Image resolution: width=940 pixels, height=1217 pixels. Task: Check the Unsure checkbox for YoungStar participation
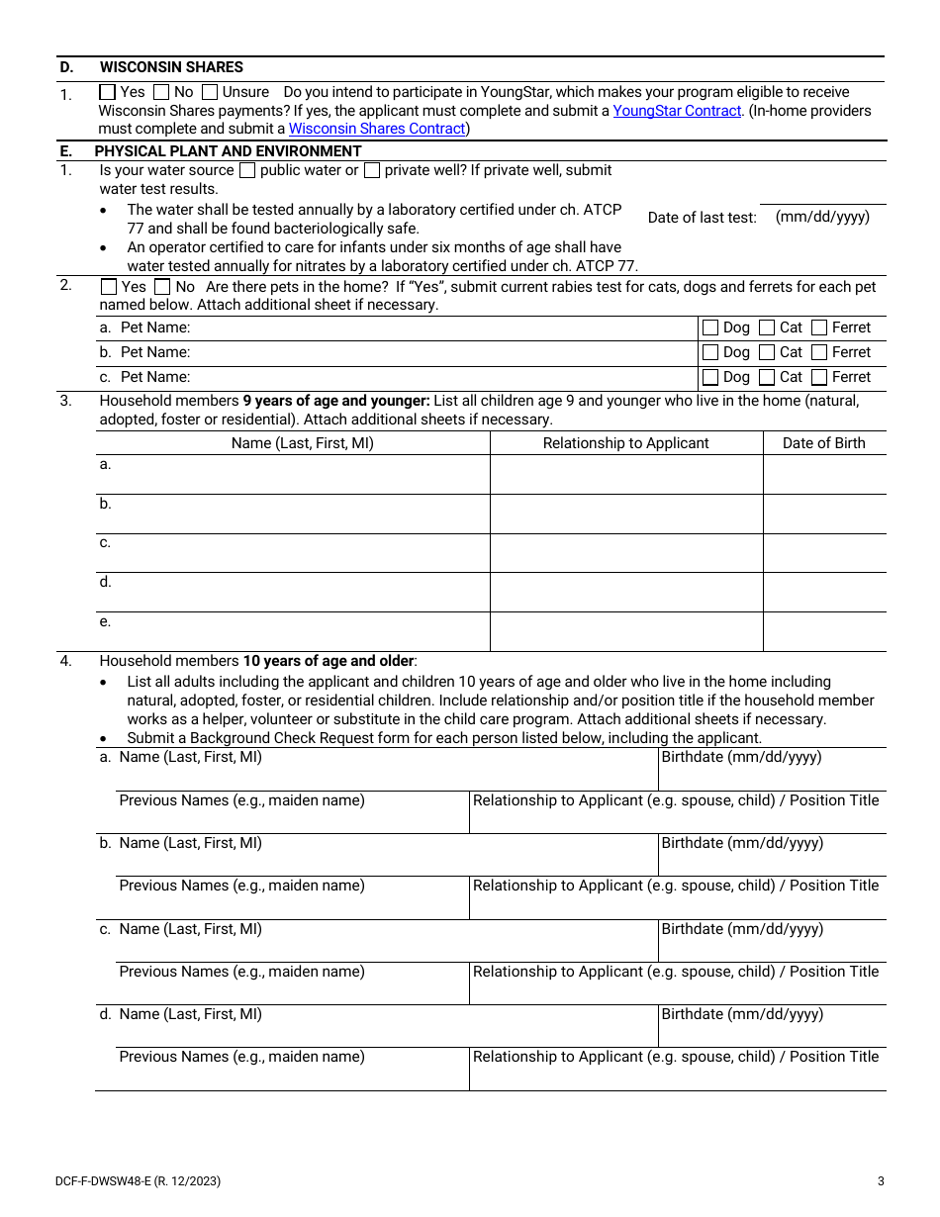click(x=210, y=92)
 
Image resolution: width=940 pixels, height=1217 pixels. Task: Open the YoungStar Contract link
click(x=677, y=111)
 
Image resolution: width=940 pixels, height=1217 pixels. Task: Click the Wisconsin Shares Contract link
click(x=377, y=129)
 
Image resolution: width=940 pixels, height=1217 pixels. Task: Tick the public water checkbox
click(x=248, y=170)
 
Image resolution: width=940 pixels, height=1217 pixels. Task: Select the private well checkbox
click(x=372, y=170)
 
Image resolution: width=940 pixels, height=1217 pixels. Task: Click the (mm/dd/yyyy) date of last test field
click(x=822, y=217)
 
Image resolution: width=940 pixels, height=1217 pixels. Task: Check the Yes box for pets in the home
click(x=109, y=287)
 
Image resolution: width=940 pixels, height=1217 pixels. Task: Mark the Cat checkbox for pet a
click(x=767, y=328)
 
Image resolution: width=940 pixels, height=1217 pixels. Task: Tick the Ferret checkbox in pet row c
click(x=819, y=377)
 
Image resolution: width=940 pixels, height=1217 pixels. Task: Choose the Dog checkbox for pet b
click(x=710, y=352)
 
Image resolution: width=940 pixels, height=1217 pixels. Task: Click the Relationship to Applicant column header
click(x=625, y=443)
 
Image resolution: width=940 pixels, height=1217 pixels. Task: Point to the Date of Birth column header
click(x=823, y=443)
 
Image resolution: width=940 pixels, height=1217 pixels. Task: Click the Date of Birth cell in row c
click(x=823, y=553)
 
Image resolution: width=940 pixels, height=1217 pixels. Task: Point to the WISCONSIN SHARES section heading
click(x=171, y=67)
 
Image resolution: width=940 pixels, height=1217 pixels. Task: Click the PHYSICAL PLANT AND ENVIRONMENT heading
click(x=228, y=151)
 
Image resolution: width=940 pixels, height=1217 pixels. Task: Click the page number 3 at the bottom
click(x=881, y=1180)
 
